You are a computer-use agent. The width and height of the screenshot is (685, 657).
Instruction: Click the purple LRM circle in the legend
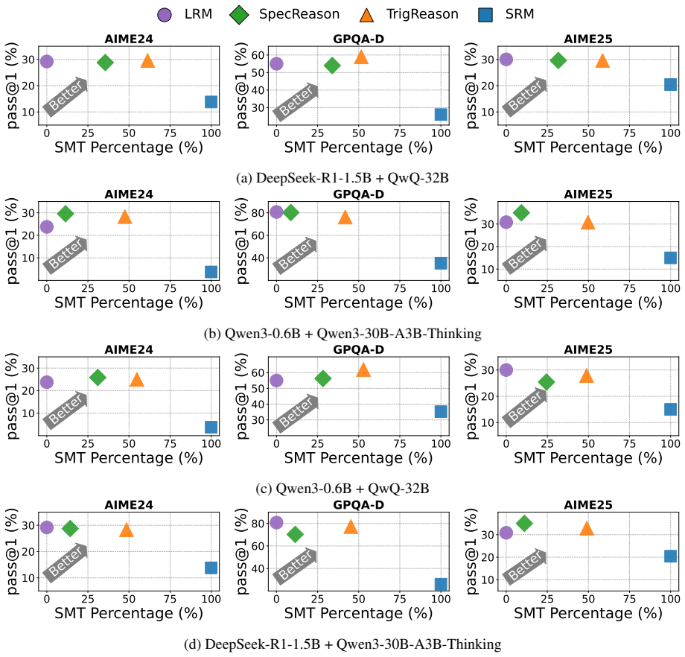[x=165, y=15]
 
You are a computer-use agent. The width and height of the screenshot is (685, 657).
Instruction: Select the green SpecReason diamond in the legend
[x=239, y=15]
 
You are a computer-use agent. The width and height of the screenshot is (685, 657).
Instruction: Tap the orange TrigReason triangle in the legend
[x=366, y=15]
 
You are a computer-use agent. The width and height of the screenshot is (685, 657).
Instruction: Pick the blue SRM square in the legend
[x=485, y=15]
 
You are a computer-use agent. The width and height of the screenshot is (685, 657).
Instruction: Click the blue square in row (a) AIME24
[x=211, y=102]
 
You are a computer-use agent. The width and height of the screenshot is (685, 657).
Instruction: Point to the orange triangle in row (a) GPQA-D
[x=361, y=57]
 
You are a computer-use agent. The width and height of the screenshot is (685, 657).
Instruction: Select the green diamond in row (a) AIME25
[x=558, y=60]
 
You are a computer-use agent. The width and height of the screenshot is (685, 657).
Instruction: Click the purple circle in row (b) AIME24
[x=47, y=227]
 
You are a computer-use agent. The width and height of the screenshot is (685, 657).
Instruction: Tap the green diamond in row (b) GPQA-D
[x=291, y=213]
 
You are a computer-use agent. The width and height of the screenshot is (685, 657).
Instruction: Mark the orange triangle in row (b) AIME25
[x=588, y=223]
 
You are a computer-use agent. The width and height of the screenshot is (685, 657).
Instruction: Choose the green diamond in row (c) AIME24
[x=98, y=377]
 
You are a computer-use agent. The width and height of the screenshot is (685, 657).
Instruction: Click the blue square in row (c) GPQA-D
[x=441, y=411]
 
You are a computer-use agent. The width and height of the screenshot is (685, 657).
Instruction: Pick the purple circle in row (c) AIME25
[x=506, y=369]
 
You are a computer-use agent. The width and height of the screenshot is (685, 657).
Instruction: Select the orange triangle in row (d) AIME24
[x=127, y=530]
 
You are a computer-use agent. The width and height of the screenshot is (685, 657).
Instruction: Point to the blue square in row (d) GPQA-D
[x=441, y=584]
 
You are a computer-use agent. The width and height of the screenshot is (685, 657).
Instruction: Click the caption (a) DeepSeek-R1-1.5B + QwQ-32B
[x=342, y=178]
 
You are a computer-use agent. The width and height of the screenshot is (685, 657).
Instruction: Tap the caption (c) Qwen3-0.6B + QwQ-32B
[x=342, y=488]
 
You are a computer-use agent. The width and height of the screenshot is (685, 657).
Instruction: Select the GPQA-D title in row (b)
[x=359, y=194]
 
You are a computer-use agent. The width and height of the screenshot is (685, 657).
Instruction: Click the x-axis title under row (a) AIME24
[x=129, y=147]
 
